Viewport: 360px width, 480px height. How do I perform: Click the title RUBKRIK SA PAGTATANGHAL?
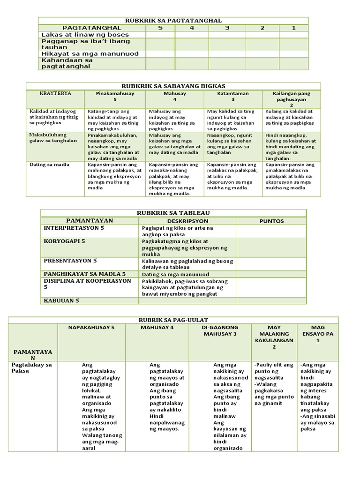[x=173, y=21]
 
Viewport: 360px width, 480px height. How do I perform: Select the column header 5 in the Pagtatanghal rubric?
[x=160, y=28]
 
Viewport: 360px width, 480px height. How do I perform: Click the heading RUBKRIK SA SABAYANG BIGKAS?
[x=173, y=86]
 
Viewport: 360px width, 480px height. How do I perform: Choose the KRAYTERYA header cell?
[x=55, y=93]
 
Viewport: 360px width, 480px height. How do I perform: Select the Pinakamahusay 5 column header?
[x=115, y=97]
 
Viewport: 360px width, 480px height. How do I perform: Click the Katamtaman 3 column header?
[x=233, y=97]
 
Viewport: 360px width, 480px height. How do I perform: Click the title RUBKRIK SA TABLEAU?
[x=173, y=213]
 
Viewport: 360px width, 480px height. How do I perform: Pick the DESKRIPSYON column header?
[x=187, y=220]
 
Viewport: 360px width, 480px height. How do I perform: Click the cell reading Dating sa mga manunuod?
[x=175, y=274]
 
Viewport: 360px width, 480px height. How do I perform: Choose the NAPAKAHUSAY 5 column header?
[x=91, y=327]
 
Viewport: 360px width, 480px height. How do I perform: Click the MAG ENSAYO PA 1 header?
[x=317, y=334]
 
